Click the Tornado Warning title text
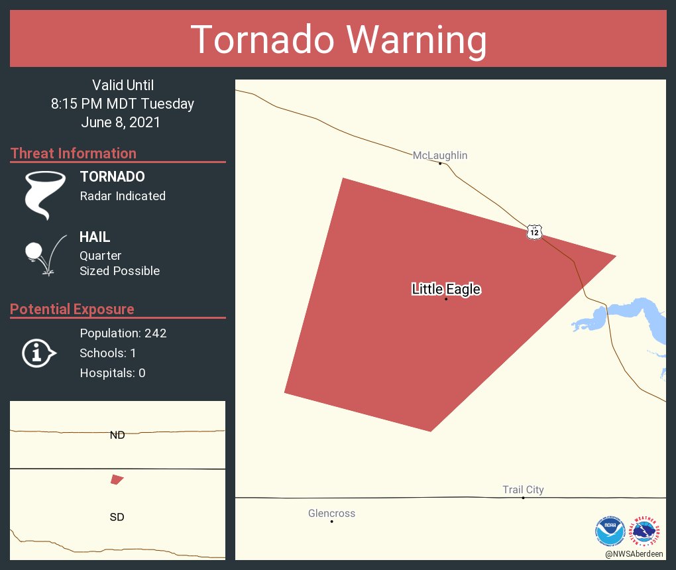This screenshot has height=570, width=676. click(x=338, y=39)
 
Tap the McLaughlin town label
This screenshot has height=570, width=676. click(x=440, y=155)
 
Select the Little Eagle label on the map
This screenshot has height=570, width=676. click(x=446, y=289)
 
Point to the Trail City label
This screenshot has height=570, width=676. click(x=523, y=490)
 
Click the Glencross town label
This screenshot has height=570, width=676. click(x=331, y=513)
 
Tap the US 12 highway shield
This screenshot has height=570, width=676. click(x=535, y=231)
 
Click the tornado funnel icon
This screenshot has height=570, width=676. click(x=44, y=194)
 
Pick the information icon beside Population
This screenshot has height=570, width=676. click(x=38, y=353)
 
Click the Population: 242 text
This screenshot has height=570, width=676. click(x=123, y=333)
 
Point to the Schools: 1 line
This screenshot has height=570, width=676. click(x=107, y=353)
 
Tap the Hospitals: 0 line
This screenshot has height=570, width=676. click(x=112, y=373)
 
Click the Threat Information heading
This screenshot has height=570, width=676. click(x=74, y=153)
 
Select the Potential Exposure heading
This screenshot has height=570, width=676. click(x=72, y=309)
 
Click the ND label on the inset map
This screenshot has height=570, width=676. click(x=117, y=435)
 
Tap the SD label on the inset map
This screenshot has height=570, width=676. click(x=117, y=517)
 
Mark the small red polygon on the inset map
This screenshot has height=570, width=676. click(x=117, y=479)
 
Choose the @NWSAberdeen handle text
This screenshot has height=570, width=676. click(x=634, y=553)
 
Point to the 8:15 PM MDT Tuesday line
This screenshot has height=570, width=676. click(x=123, y=103)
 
